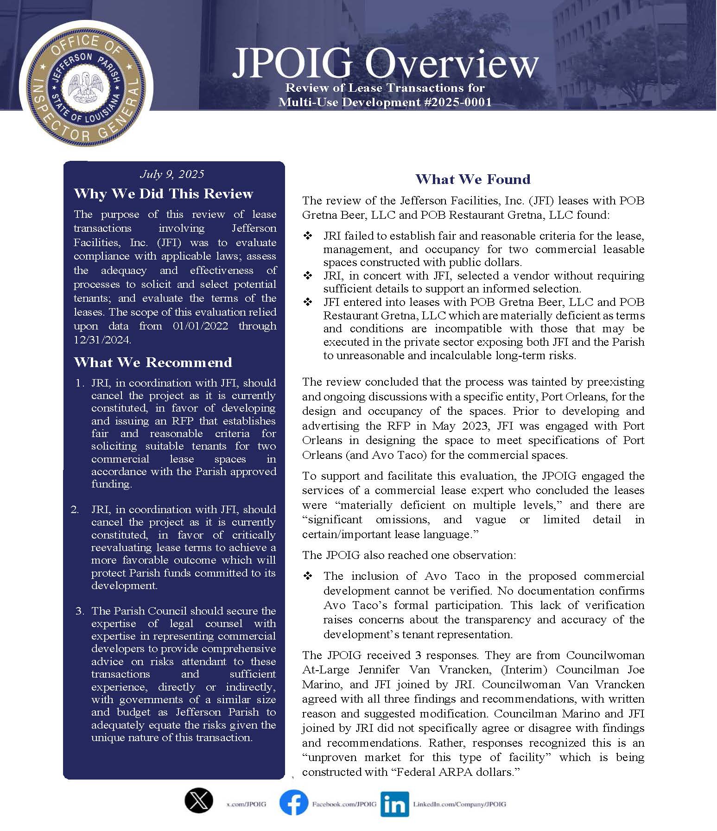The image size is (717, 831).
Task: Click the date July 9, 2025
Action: [172, 174]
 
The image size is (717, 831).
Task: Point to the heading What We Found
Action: [473, 179]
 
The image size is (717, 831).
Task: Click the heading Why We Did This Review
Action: [163, 194]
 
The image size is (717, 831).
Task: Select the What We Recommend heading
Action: [152, 362]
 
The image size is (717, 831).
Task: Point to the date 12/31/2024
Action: [102, 340]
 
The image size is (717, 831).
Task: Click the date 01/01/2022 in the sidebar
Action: [200, 326]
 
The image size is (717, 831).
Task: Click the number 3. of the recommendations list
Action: [80, 611]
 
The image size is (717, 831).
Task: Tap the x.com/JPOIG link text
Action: [246, 804]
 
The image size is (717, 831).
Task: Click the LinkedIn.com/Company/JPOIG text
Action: [459, 804]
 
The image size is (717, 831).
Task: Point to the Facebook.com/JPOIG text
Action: [344, 804]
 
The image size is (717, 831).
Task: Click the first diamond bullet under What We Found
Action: [308, 236]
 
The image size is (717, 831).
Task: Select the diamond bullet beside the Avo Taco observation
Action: [308, 576]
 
